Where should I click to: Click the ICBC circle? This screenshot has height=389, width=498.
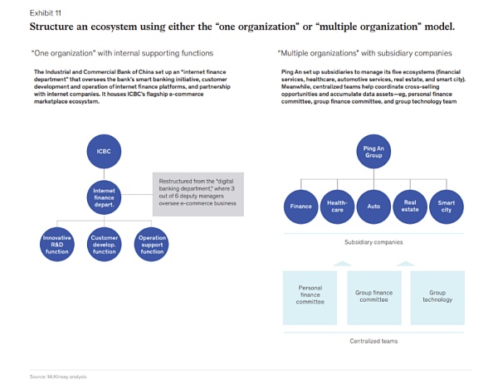click(104, 153)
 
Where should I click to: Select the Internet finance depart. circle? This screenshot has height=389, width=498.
click(104, 197)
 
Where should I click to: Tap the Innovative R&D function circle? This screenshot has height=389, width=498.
click(56, 244)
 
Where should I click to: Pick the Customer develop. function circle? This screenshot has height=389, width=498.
click(104, 244)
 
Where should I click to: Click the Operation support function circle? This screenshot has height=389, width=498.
click(152, 244)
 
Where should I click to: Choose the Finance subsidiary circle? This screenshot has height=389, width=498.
click(300, 207)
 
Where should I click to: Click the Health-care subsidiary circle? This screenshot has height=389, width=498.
click(337, 207)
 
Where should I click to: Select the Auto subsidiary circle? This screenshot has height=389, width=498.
click(373, 207)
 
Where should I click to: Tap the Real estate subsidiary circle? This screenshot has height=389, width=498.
click(410, 207)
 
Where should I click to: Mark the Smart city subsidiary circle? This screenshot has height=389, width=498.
click(447, 207)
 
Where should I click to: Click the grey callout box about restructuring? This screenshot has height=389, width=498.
click(198, 196)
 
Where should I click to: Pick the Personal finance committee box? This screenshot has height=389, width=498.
click(310, 296)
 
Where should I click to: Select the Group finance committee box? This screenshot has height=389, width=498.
click(373, 296)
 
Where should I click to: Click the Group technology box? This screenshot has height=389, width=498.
click(437, 296)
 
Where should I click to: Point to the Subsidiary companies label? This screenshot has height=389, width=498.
click(373, 242)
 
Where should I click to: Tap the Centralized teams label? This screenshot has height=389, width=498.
click(373, 341)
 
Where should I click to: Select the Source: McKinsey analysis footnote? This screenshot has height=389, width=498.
click(58, 377)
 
